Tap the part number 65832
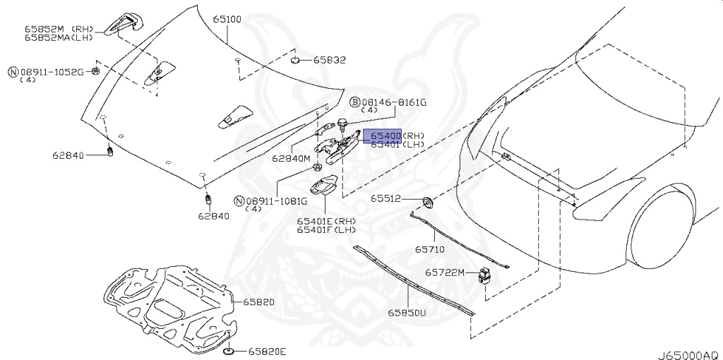[330, 60]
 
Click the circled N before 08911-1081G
[239, 201]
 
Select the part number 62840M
[291, 159]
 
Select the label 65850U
[406, 311]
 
